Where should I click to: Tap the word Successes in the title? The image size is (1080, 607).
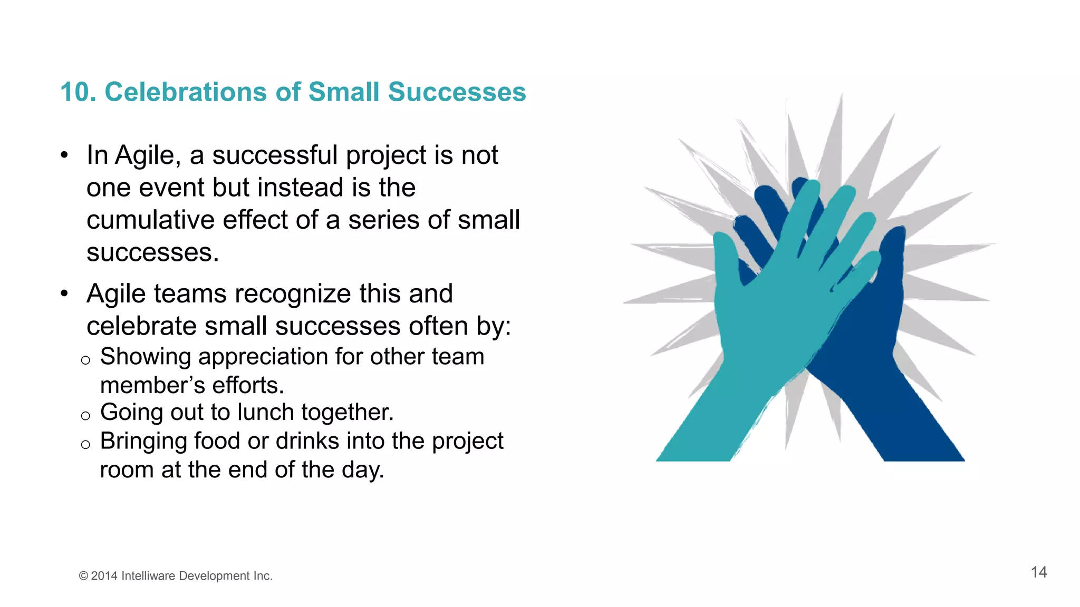pos(457,92)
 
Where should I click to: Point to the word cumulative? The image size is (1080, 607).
pos(150,220)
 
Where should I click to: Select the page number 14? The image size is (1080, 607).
pos(1038,572)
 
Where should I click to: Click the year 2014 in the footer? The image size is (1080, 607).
pos(104,576)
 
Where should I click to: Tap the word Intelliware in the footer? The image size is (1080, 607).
pos(148,576)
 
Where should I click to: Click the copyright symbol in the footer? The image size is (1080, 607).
pos(83,576)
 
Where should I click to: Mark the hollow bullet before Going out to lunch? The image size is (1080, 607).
pos(85,416)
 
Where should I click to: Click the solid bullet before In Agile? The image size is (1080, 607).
pos(64,155)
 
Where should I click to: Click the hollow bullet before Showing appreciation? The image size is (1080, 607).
pos(85,361)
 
